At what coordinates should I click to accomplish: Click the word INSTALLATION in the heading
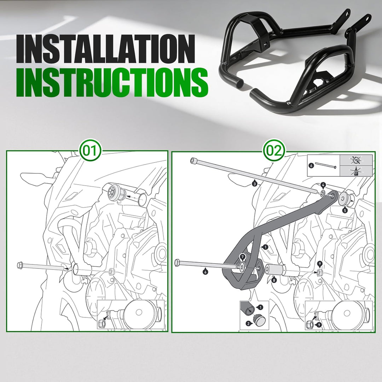pos(106,49)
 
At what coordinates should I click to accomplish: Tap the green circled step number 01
pos(91,151)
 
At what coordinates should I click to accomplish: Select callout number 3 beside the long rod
pos(254,184)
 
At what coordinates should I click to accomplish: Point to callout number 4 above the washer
pos(323,185)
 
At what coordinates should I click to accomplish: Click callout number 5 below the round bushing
pos(345,210)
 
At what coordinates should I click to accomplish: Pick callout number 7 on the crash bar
pos(242,257)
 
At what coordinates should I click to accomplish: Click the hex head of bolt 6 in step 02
pos(178,263)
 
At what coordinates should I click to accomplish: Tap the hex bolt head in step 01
pos(20,265)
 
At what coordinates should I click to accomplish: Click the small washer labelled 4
pos(323,193)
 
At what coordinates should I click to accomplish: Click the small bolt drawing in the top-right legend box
pos(326,166)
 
